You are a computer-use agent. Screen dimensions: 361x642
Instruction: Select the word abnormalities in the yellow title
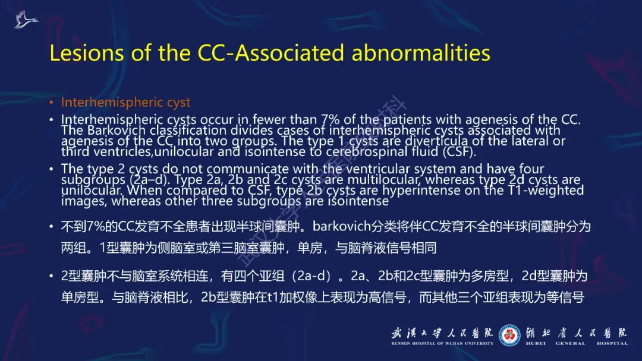coord(421,53)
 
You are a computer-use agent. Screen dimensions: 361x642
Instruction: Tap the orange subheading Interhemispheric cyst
coord(125,102)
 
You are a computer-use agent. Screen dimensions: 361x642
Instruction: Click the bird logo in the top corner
coord(26,20)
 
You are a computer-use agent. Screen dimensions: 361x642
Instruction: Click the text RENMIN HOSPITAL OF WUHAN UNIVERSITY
coord(442,343)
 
